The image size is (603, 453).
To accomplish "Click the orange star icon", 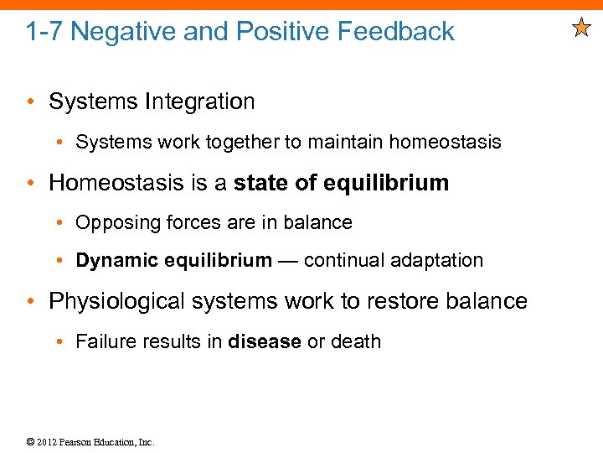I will click(x=581, y=30).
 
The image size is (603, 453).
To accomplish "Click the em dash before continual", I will click(x=288, y=261).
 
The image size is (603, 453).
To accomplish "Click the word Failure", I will click(x=103, y=341).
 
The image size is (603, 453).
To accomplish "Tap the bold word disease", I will click(x=264, y=341).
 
